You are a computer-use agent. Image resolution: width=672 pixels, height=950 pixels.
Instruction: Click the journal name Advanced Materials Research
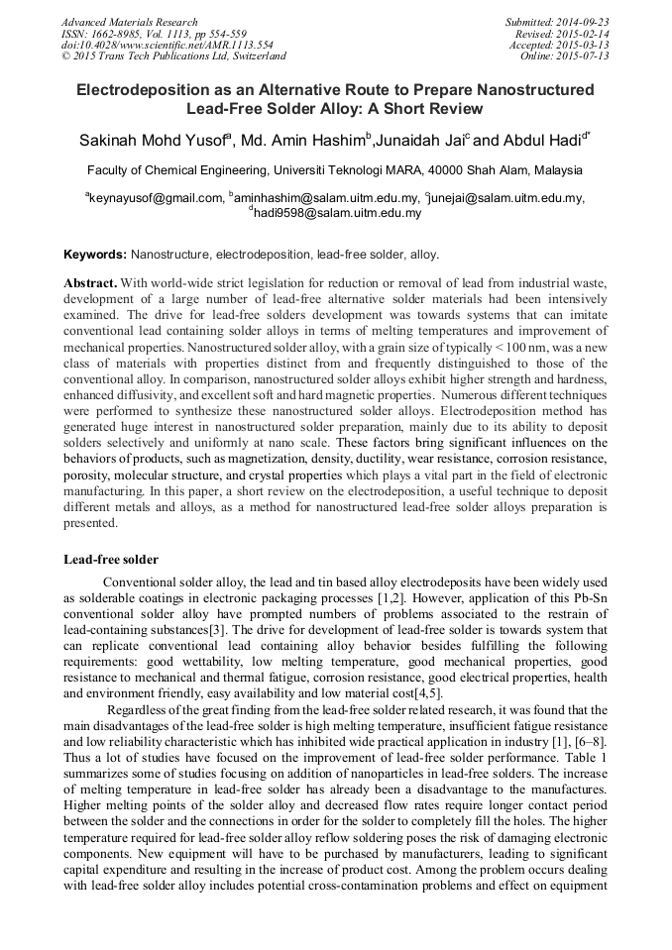[129, 22]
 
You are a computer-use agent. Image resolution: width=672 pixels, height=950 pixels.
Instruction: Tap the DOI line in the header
[167, 45]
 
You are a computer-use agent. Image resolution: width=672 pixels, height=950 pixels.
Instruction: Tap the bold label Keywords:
[95, 255]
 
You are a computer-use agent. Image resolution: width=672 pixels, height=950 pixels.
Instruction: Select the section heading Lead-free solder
[110, 560]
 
